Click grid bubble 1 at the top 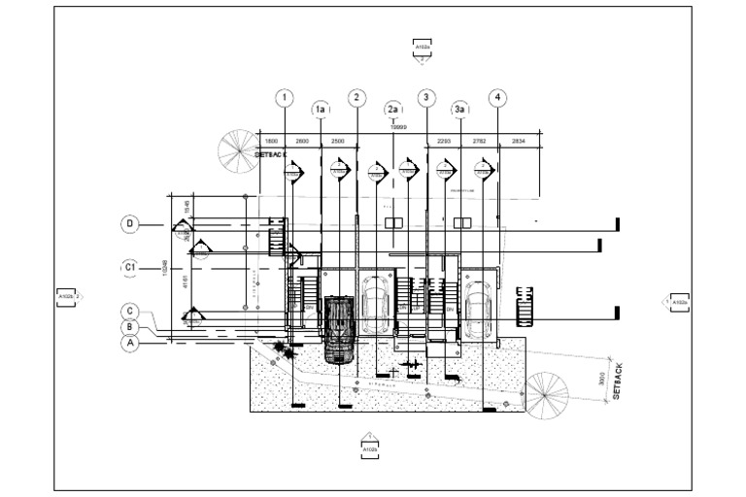(284, 97)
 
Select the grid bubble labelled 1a (320, 109)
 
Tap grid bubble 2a (392, 109)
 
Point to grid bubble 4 (497, 97)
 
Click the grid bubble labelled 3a (461, 109)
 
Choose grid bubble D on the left (131, 224)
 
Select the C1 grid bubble (131, 267)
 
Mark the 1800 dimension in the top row (272, 142)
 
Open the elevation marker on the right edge (677, 303)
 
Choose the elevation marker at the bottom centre (369, 447)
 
